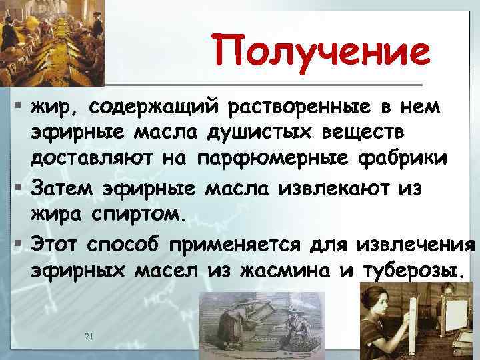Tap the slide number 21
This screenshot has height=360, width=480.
tap(89, 336)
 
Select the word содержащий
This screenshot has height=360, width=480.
tap(152, 106)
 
